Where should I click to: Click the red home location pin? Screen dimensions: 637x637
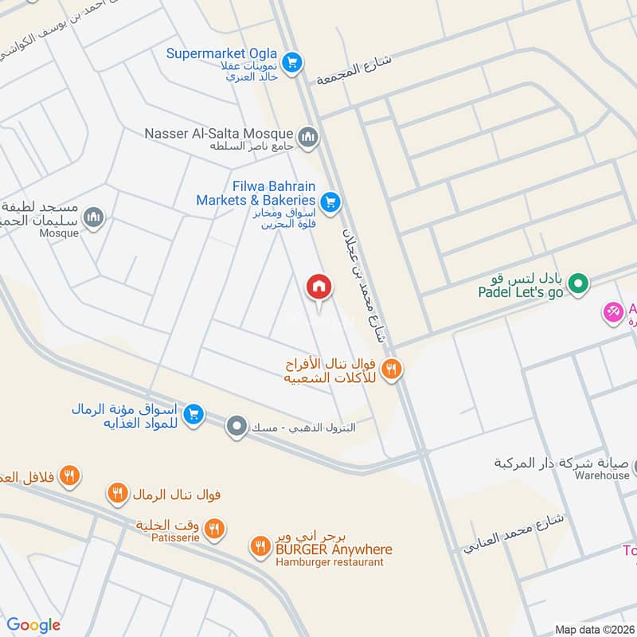point(319,287)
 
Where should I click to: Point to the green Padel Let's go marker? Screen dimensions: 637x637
point(580,283)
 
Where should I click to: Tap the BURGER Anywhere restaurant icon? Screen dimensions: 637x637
point(260,546)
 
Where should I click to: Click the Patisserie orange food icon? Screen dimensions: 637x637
point(213,527)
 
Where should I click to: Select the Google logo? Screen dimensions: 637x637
point(33,625)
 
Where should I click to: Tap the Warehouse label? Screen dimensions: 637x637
point(603,476)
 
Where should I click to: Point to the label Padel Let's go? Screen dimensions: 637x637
point(521,293)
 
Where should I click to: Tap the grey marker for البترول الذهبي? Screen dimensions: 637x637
point(236,427)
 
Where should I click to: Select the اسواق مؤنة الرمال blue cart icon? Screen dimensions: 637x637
point(192,414)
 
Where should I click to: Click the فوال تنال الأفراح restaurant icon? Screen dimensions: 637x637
point(390,369)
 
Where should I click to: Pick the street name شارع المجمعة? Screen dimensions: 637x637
point(354,69)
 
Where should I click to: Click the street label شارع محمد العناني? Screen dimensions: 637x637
point(514,533)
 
